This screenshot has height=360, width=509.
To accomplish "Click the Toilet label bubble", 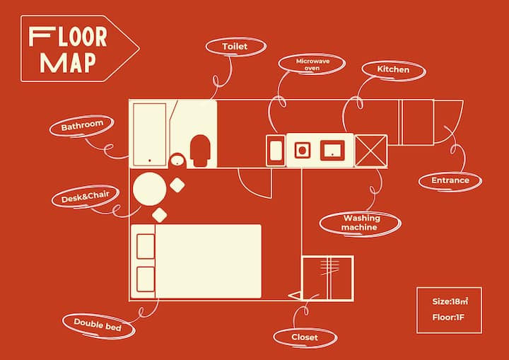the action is [x=236, y=47].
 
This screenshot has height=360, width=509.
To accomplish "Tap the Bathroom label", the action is [x=82, y=125].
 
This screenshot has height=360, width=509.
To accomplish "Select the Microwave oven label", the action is [x=312, y=64].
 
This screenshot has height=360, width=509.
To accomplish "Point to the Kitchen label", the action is [x=394, y=70].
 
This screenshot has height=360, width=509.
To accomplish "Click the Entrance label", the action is [x=450, y=180].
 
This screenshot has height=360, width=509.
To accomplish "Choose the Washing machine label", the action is [x=360, y=223].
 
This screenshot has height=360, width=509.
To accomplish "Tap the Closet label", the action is [x=305, y=337].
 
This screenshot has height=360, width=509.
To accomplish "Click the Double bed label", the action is [x=98, y=325].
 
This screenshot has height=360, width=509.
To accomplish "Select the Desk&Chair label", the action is [x=85, y=197].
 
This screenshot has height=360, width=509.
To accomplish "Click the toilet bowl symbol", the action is [x=200, y=151].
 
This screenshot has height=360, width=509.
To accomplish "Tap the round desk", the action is [x=150, y=189].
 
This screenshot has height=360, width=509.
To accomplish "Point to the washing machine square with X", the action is [x=371, y=151].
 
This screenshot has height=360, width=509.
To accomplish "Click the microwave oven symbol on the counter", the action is [x=276, y=151].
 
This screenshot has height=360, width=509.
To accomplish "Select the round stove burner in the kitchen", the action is [x=303, y=151].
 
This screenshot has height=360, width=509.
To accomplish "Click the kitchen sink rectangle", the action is [x=332, y=151].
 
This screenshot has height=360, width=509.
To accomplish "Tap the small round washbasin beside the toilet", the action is [x=177, y=160].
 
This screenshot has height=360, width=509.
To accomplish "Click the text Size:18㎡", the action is [x=450, y=301].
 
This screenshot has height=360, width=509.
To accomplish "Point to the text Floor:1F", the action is [x=448, y=317].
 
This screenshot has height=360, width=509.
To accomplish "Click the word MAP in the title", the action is [x=68, y=63].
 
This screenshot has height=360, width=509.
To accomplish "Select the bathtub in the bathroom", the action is [x=150, y=134].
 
